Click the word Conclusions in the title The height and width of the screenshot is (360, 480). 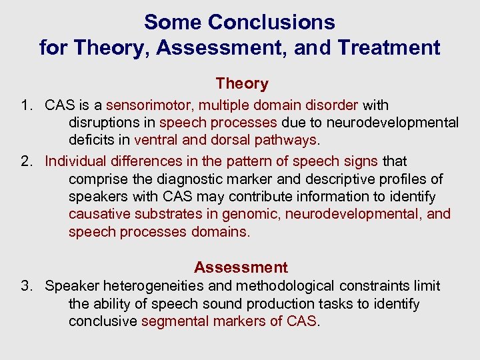[271, 22]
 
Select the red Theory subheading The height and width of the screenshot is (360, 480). [241, 83]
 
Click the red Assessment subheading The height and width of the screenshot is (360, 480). [241, 267]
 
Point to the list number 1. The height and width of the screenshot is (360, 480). [26, 105]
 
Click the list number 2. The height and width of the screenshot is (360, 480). [26, 161]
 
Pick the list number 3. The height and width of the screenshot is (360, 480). [26, 286]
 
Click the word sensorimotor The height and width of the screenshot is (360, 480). [147, 105]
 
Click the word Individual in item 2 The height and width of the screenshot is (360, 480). [75, 161]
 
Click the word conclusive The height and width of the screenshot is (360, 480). [103, 321]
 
